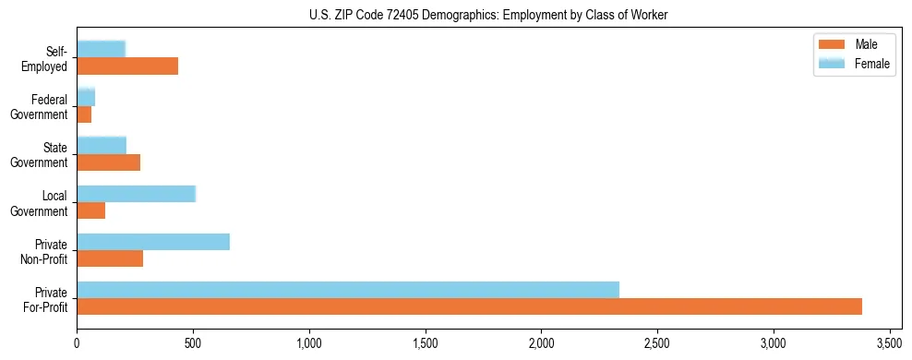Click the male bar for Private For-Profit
click(x=469, y=306)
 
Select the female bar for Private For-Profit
click(x=348, y=289)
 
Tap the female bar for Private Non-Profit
click(x=153, y=242)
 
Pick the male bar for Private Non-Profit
click(x=110, y=258)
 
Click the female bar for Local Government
click(x=137, y=194)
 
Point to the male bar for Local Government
click(x=91, y=210)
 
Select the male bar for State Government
click(x=109, y=162)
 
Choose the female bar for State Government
click(x=102, y=145)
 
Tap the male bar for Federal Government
click(x=84, y=114)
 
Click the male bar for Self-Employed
click(x=127, y=66)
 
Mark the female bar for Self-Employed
click(x=102, y=49)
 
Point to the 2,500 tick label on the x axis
click(x=657, y=343)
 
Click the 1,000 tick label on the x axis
click(x=309, y=343)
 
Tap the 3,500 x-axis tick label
click(x=889, y=343)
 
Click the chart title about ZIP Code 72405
click(x=489, y=16)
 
